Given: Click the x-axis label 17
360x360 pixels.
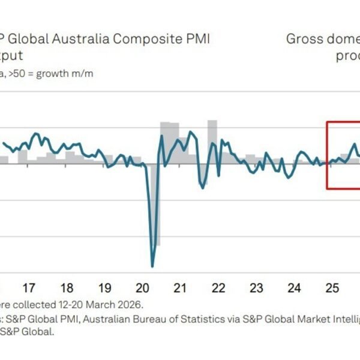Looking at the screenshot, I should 28,287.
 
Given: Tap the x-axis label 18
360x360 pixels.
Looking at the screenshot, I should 67,287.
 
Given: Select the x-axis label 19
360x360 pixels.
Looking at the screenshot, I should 104,287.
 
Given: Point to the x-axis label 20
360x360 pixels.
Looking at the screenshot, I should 142,287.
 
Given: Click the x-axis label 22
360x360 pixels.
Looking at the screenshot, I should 218,287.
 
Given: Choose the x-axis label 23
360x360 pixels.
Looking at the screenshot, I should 256,287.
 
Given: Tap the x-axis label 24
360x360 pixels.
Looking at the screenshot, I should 294,287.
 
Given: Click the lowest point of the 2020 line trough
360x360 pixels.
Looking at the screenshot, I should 152,266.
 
